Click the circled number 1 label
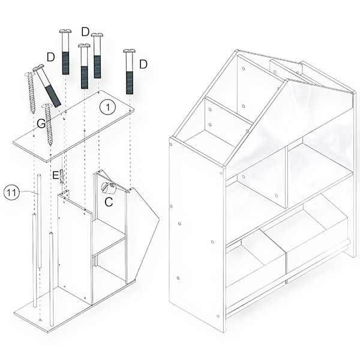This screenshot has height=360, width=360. point(107,107)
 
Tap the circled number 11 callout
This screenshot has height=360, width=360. point(11,193)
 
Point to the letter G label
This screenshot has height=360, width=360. point(41,124)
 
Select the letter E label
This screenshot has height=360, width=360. point(55,176)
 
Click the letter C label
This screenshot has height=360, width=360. point(109,202)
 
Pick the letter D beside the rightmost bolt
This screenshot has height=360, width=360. point(143,64)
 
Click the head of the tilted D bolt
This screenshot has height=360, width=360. point(38,68)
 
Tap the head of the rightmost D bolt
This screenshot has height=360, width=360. point(129,51)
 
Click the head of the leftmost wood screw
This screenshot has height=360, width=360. point(28,74)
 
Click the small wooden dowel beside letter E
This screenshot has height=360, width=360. point(62,176)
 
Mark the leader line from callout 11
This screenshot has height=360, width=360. point(28,193)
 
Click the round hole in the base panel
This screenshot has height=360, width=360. point(40,320)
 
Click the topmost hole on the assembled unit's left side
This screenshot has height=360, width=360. point(170,145)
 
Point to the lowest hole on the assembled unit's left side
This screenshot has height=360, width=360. point(218,316)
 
